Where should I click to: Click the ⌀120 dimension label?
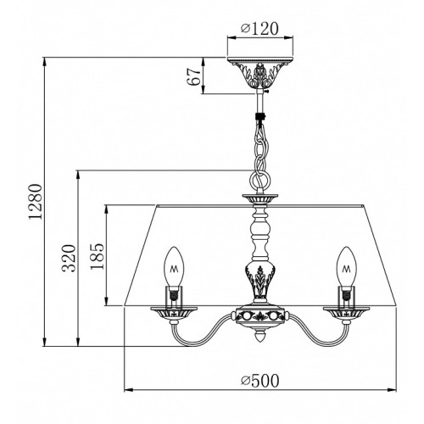[259, 29]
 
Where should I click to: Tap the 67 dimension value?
[194, 76]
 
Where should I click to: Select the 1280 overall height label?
[36, 201]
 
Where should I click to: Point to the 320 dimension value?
[69, 258]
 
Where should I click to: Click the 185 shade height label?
[98, 256]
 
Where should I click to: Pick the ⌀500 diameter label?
[259, 381]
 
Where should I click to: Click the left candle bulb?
[174, 266]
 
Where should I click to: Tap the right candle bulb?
[347, 266]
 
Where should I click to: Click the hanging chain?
[261, 153]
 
